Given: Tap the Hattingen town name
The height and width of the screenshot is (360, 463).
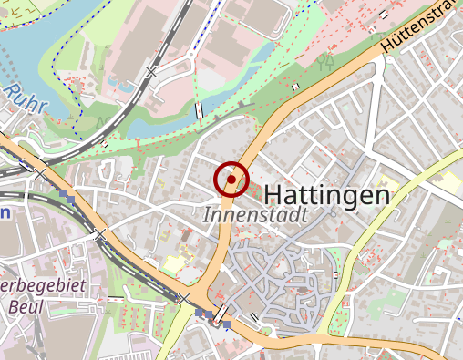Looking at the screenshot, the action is coord(326,195).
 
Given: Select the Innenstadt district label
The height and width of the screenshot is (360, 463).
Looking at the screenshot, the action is coord(255,216).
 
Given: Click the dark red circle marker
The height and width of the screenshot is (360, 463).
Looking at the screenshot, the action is coord(231,180).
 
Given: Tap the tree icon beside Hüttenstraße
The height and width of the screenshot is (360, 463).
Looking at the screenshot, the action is coord(324,61).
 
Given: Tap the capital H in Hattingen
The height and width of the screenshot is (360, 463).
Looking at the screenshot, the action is coord(273,195).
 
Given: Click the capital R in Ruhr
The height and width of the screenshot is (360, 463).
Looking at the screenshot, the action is coord(11,92).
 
